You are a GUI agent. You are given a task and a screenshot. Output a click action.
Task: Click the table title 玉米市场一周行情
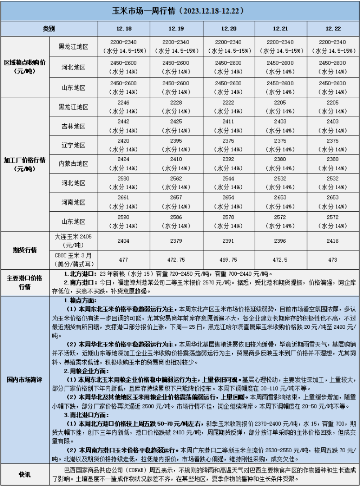click(180, 10)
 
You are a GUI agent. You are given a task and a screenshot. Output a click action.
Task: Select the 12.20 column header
click(229, 29)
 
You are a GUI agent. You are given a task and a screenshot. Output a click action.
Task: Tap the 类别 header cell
click(49, 29)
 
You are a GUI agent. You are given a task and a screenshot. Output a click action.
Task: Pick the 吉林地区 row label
click(73, 126)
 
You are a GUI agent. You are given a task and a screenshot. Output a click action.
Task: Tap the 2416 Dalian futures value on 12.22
click(333, 241)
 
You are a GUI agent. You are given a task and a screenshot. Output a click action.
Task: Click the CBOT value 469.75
click(229, 260)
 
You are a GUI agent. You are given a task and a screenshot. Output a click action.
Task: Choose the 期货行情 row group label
click(24, 250)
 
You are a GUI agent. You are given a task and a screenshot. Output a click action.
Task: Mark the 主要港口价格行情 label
click(24, 282)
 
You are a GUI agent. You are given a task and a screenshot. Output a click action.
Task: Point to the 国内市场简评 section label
click(24, 379)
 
